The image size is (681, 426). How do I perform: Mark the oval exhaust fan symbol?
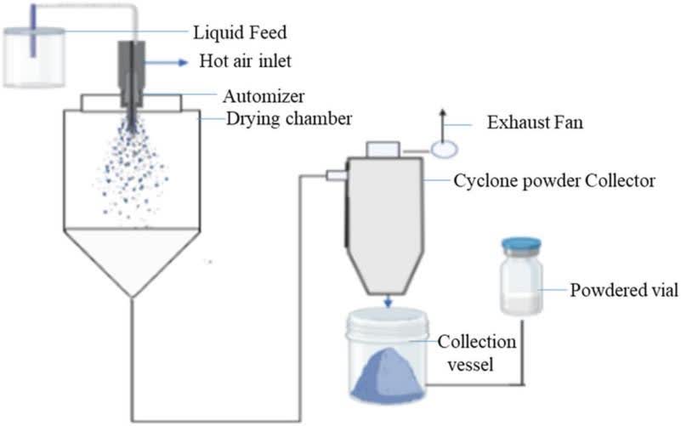click(x=444, y=149)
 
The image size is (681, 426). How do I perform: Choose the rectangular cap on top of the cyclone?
click(x=379, y=150)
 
